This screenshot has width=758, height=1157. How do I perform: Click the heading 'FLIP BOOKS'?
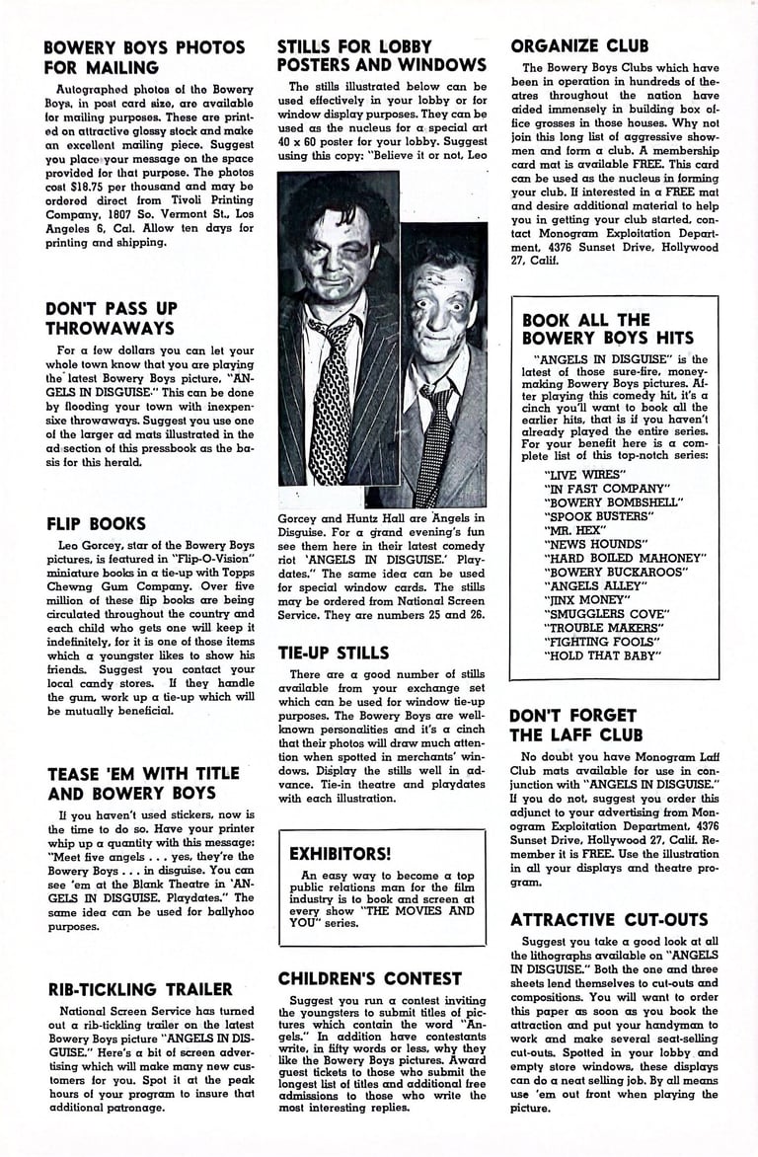coord(96,523)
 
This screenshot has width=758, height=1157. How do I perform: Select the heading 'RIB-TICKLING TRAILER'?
coord(139,989)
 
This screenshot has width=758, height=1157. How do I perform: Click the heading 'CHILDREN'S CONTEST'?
coord(369,978)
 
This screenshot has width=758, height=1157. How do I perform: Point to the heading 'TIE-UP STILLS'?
coord(333,653)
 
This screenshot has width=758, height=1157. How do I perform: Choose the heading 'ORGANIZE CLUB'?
coord(579,45)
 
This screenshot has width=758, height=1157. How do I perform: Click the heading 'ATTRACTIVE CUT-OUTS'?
coord(609,919)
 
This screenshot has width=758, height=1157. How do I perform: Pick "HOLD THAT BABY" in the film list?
coord(602,655)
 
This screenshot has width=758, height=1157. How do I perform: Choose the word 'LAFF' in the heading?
coord(567,734)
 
